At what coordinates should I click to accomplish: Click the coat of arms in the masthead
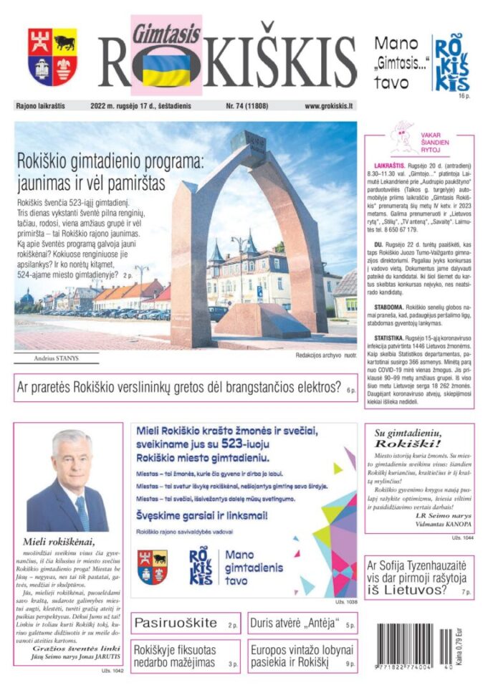point(53,57)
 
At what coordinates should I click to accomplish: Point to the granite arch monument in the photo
point(247,236)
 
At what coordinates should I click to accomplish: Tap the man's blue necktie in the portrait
point(81,511)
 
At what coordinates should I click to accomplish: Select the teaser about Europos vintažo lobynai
point(302,656)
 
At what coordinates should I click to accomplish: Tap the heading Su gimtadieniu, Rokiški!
point(418,437)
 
